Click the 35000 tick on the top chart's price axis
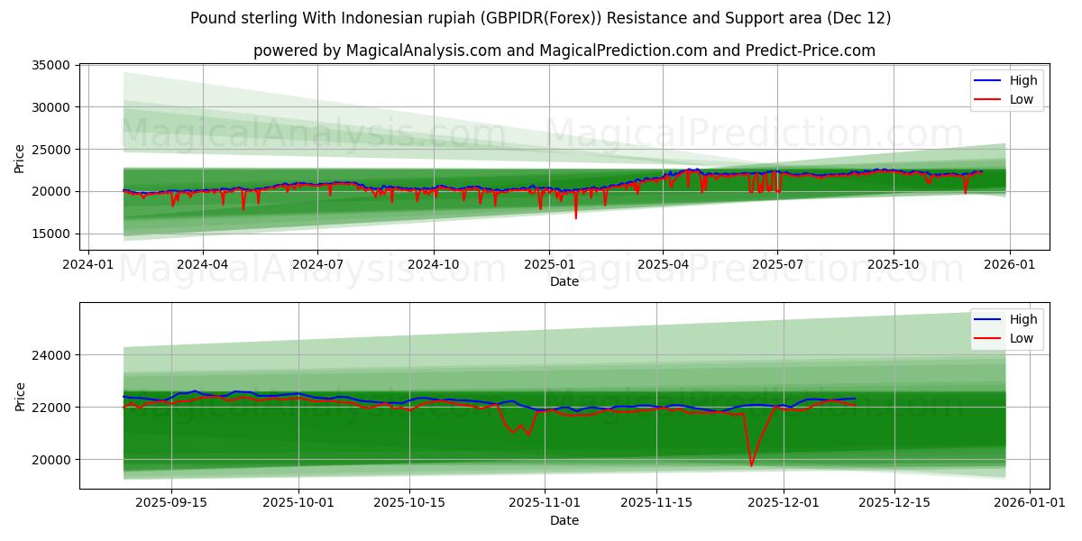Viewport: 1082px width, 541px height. pos(51,65)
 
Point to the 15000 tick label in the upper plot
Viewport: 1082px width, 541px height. pos(51,234)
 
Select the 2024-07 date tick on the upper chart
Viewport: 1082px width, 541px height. pos(317,264)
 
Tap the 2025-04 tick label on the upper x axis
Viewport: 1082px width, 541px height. pos(664,264)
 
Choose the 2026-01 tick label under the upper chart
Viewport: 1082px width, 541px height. pos(1009,264)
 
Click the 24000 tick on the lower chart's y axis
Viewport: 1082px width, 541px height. pos(51,355)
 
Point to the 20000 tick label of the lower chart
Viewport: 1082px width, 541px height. pos(51,460)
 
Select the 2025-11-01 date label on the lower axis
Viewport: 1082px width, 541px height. pos(545,502)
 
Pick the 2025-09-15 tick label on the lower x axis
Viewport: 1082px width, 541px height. pos(170,502)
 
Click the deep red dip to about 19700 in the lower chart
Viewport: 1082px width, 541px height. pos(751,465)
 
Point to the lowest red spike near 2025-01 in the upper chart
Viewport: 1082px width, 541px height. pos(575,217)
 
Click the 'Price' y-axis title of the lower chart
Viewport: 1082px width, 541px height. pos(20,396)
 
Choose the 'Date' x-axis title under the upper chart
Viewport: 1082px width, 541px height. pos(564,281)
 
